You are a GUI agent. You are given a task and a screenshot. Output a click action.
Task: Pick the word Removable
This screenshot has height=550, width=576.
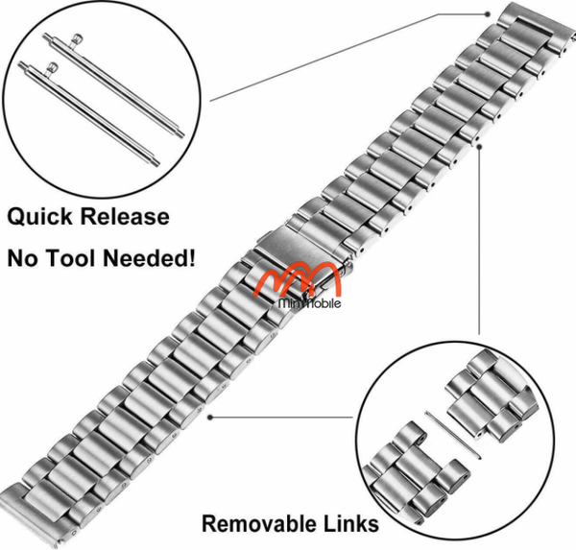tap(257, 523)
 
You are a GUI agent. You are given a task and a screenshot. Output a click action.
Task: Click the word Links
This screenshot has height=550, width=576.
tap(348, 523)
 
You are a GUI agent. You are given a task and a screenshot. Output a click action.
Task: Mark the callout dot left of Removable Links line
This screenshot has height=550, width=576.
tap(209, 418)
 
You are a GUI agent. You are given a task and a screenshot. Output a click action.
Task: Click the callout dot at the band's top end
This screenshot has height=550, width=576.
tap(489, 13)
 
